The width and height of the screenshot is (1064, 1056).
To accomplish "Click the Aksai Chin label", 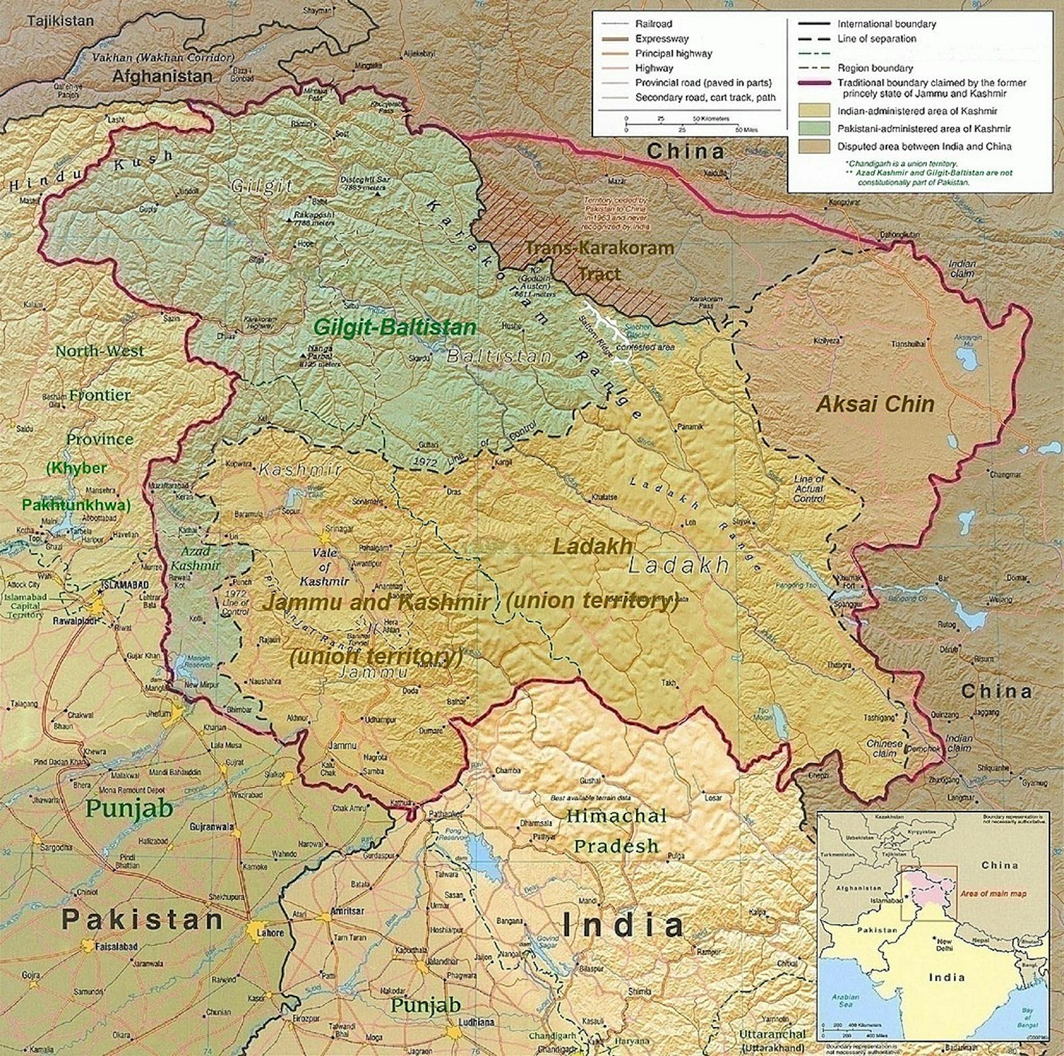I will [x=875, y=404].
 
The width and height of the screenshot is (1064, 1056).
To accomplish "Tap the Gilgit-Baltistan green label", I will [x=395, y=327].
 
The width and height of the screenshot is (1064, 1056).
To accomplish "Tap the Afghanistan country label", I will [x=162, y=76].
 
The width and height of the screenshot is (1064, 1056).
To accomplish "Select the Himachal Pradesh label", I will [x=616, y=830].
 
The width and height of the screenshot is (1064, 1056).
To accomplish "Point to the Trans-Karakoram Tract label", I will [x=599, y=260].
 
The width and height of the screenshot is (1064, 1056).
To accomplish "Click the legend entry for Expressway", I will [x=662, y=39].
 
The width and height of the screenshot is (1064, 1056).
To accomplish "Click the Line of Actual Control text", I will [x=809, y=488].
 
